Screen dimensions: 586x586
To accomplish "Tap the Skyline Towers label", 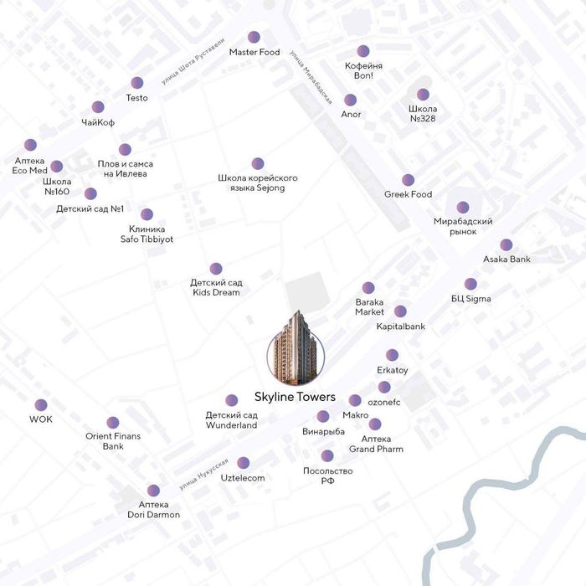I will click(295, 397).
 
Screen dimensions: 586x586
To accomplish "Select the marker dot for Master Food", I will click(254, 37).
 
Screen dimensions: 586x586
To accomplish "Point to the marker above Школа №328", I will click(423, 95).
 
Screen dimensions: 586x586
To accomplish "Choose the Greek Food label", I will click(408, 194).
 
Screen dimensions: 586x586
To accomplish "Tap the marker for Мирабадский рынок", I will click(463, 207).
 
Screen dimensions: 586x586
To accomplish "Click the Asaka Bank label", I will click(506, 260).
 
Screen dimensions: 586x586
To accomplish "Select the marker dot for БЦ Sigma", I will click(470, 284).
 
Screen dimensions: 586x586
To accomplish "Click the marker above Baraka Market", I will click(369, 287).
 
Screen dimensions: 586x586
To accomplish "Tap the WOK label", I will click(41, 419).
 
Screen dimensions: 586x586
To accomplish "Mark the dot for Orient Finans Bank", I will click(113, 423).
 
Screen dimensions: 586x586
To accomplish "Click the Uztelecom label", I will click(243, 478).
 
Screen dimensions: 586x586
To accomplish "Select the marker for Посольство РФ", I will click(327, 456).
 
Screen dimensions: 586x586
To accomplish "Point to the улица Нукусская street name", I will click(203, 475).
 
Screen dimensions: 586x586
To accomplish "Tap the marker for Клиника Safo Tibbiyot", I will click(146, 214).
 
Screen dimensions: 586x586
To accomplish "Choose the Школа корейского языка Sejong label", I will click(257, 183).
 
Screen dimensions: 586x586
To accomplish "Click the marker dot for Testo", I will click(136, 83).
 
